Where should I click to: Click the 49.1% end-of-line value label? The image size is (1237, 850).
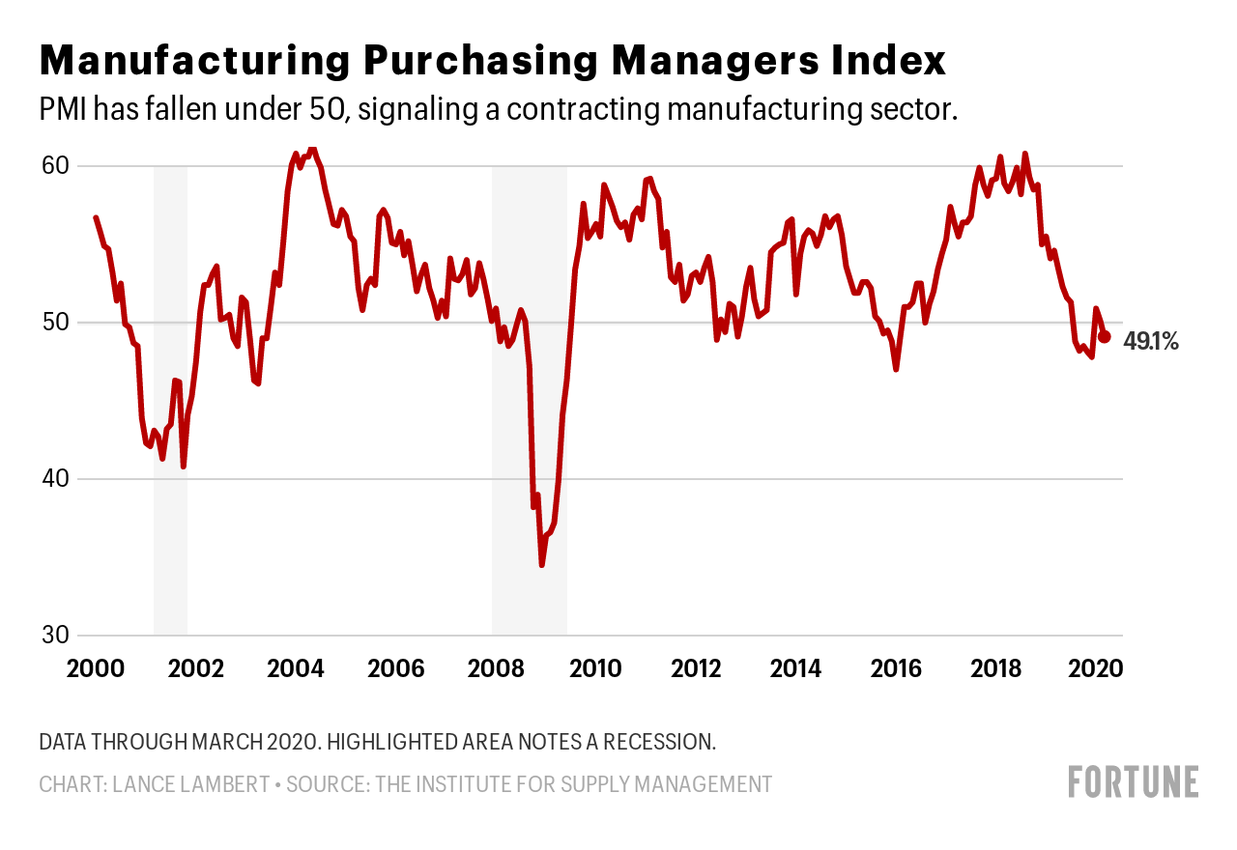[x=1151, y=341]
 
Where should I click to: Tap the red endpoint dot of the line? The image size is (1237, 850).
[x=1105, y=336]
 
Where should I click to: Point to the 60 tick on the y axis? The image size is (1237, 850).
[x=55, y=166]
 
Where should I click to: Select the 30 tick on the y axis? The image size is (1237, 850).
[x=55, y=636]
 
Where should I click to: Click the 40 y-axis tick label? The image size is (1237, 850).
[x=55, y=479]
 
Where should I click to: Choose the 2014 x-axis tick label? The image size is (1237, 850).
[x=795, y=669]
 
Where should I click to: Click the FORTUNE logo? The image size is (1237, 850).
[x=1133, y=782]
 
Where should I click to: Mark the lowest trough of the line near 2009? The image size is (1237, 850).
[x=542, y=565]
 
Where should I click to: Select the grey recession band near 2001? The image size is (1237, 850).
[x=170, y=386]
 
